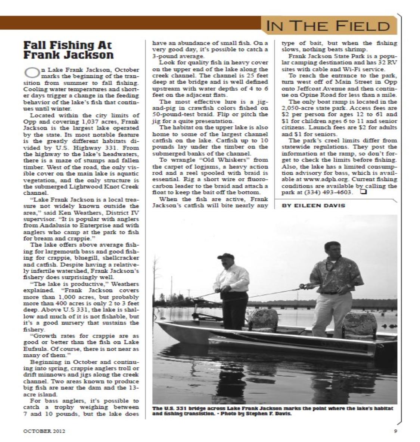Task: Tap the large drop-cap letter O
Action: coord(30,72)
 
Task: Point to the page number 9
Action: coord(395,431)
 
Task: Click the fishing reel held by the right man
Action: coord(303,286)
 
